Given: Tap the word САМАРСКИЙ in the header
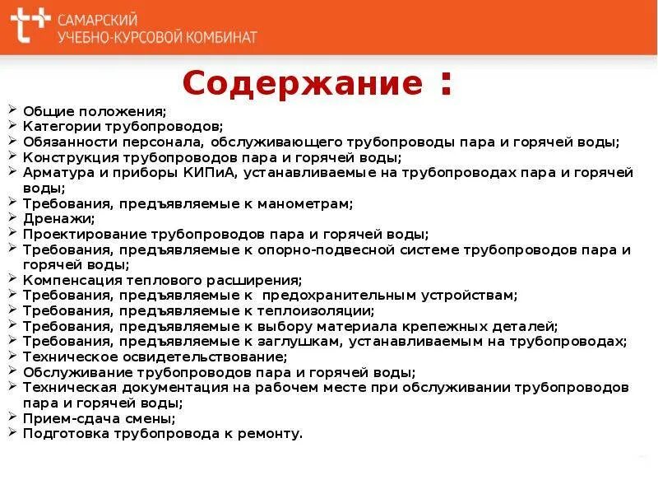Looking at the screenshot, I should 98,19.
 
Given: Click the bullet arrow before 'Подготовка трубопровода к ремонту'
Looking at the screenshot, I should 13,433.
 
